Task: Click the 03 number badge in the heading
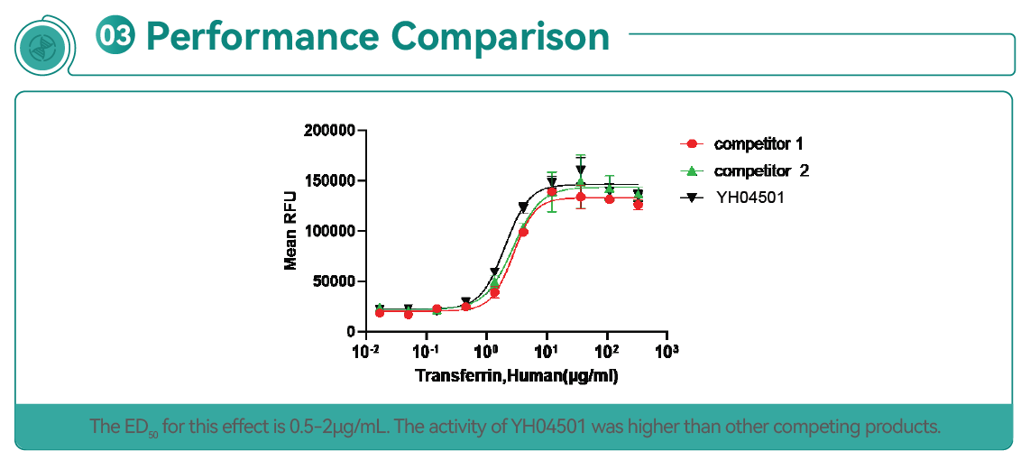(x=115, y=35)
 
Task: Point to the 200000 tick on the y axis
(x=331, y=131)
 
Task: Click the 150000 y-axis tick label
(x=331, y=181)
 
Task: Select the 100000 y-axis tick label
(x=331, y=232)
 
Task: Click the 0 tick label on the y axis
(x=352, y=332)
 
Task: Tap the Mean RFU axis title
(x=290, y=232)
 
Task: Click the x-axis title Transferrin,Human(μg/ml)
(x=516, y=375)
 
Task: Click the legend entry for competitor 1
(x=758, y=143)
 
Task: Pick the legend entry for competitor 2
(x=760, y=170)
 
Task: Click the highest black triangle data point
(x=581, y=170)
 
